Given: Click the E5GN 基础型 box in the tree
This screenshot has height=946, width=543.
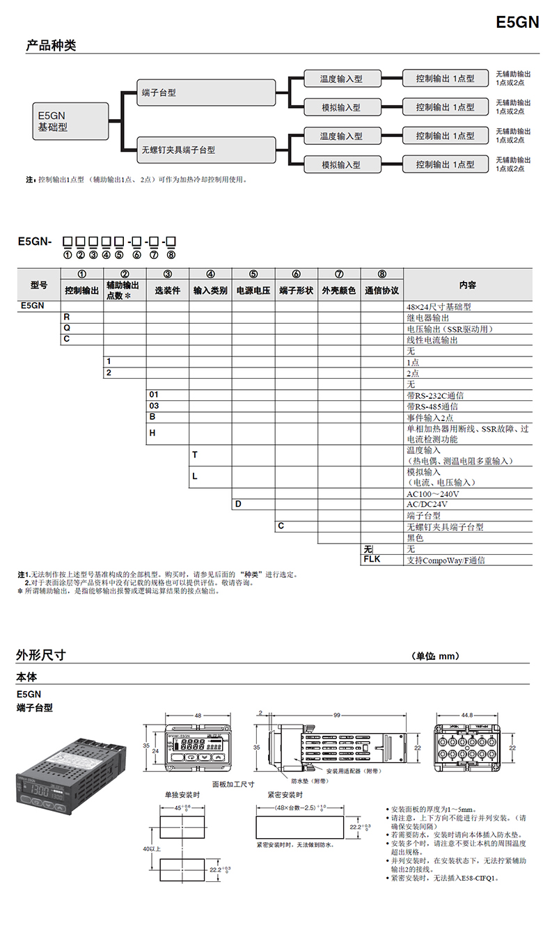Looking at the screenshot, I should click(70, 121).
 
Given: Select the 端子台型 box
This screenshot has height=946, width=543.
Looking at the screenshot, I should click(206, 93).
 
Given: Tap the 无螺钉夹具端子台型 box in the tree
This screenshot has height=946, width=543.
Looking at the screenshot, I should click(206, 150).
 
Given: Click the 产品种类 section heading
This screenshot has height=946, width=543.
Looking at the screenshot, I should click(51, 45).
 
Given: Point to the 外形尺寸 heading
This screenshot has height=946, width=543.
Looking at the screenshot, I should click(41, 655).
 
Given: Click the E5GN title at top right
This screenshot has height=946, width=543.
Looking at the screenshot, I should click(517, 22).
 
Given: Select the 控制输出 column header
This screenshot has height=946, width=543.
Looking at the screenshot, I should click(82, 290).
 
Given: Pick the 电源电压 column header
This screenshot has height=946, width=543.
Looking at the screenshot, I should click(253, 290).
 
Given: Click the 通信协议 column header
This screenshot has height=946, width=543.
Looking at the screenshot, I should click(381, 290).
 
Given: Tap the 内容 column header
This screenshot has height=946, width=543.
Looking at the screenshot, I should click(468, 285).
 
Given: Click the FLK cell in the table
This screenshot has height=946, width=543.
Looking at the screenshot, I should click(372, 559).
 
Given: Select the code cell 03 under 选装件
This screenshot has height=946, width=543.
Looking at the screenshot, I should click(154, 405).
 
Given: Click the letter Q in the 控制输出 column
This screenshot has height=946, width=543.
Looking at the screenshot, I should click(67, 327).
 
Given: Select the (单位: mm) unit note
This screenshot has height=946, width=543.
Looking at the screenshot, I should click(436, 656).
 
